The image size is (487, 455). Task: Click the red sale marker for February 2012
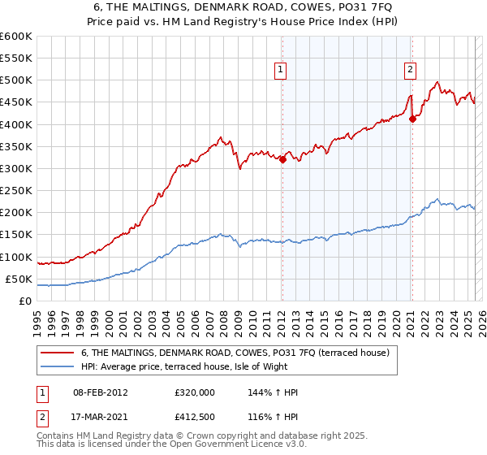click(282, 160)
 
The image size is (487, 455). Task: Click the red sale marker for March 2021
click(412, 119)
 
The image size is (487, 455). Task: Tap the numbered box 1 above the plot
click(280, 70)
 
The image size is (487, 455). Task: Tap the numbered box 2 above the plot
click(410, 70)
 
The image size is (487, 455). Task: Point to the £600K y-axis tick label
click(16, 37)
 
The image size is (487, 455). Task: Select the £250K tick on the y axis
click(16, 190)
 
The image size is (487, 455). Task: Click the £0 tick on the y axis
click(24, 301)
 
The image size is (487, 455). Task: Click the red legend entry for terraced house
click(235, 352)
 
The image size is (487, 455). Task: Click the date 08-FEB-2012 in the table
click(100, 392)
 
